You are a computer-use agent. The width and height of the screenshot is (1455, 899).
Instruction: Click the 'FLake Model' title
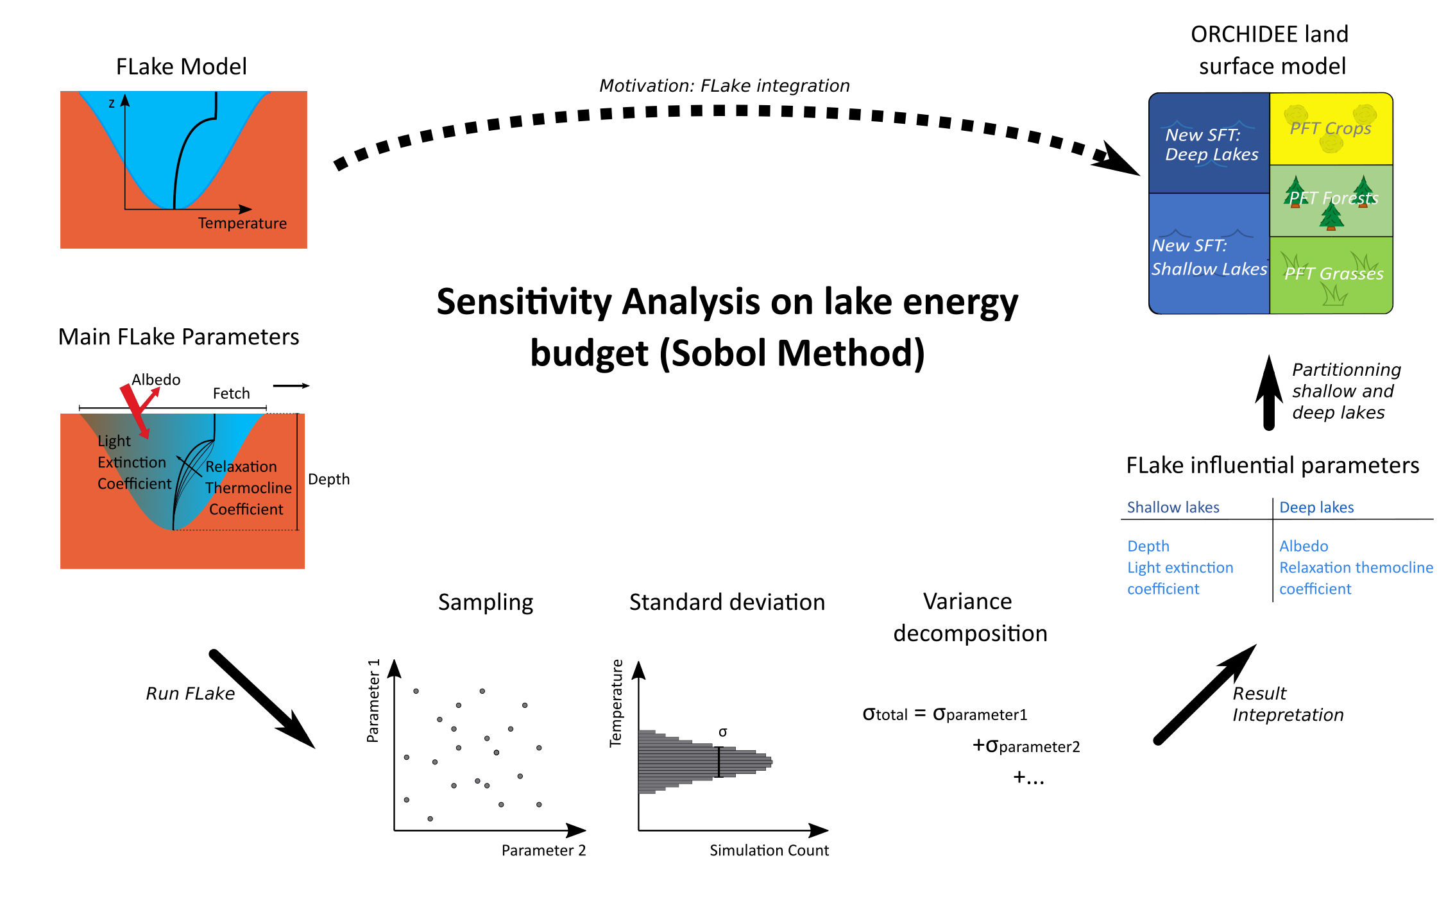[x=181, y=66]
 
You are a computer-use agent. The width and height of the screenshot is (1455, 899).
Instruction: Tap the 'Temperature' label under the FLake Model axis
[x=242, y=223]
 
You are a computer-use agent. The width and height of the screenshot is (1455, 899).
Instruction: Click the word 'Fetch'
[x=231, y=393]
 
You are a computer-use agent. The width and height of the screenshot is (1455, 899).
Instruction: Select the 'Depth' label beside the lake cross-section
[x=328, y=479]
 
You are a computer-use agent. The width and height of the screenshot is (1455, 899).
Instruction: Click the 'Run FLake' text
[x=190, y=693]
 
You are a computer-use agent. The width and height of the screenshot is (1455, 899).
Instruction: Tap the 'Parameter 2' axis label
[x=543, y=850]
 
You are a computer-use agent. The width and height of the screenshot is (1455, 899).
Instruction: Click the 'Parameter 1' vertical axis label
[x=373, y=700]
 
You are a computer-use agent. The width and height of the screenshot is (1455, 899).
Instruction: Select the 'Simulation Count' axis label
[x=769, y=850]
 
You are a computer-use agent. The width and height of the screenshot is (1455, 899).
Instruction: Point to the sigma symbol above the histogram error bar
[x=722, y=732]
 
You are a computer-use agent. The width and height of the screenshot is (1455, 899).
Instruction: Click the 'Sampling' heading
[x=486, y=602]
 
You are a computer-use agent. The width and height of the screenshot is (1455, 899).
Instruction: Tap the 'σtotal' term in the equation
[x=885, y=714]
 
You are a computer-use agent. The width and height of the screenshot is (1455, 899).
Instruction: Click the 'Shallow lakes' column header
[x=1173, y=507]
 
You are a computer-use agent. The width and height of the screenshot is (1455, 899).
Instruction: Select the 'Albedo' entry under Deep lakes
[x=1303, y=546]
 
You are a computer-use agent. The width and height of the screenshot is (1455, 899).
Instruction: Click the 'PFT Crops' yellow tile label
[x=1330, y=128]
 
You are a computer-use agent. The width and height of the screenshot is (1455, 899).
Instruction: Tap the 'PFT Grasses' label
[x=1333, y=274]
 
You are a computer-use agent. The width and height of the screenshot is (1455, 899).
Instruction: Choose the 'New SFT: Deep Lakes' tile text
[x=1211, y=144]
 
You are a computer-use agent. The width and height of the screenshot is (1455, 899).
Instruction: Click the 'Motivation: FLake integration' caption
[x=724, y=85]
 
